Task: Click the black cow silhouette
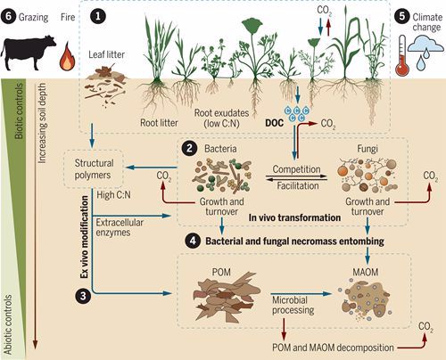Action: pyautogui.click(x=29, y=53)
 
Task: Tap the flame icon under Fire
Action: pyautogui.click(x=67, y=56)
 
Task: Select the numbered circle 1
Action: pyautogui.click(x=98, y=16)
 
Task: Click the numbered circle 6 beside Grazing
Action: pyautogui.click(x=8, y=16)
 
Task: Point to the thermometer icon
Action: pyautogui.click(x=402, y=55)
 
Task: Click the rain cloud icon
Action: pyautogui.click(x=425, y=53)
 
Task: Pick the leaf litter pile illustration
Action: pyautogui.click(x=105, y=86)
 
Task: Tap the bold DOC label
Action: pyautogui.click(x=274, y=123)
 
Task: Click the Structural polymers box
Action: pyautogui.click(x=94, y=168)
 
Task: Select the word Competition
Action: pyautogui.click(x=296, y=169)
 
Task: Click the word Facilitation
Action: pyautogui.click(x=298, y=186)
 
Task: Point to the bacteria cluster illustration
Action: pyautogui.click(x=222, y=175)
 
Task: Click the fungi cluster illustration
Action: pyautogui.click(x=367, y=176)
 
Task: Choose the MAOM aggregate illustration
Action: pyautogui.click(x=365, y=299)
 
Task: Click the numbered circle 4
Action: pyautogui.click(x=193, y=241)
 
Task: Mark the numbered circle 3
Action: pyautogui.click(x=83, y=296)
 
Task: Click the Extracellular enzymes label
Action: pyautogui.click(x=120, y=227)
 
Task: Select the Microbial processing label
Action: pyautogui.click(x=293, y=305)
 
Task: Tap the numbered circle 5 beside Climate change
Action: pyautogui.click(x=402, y=16)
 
